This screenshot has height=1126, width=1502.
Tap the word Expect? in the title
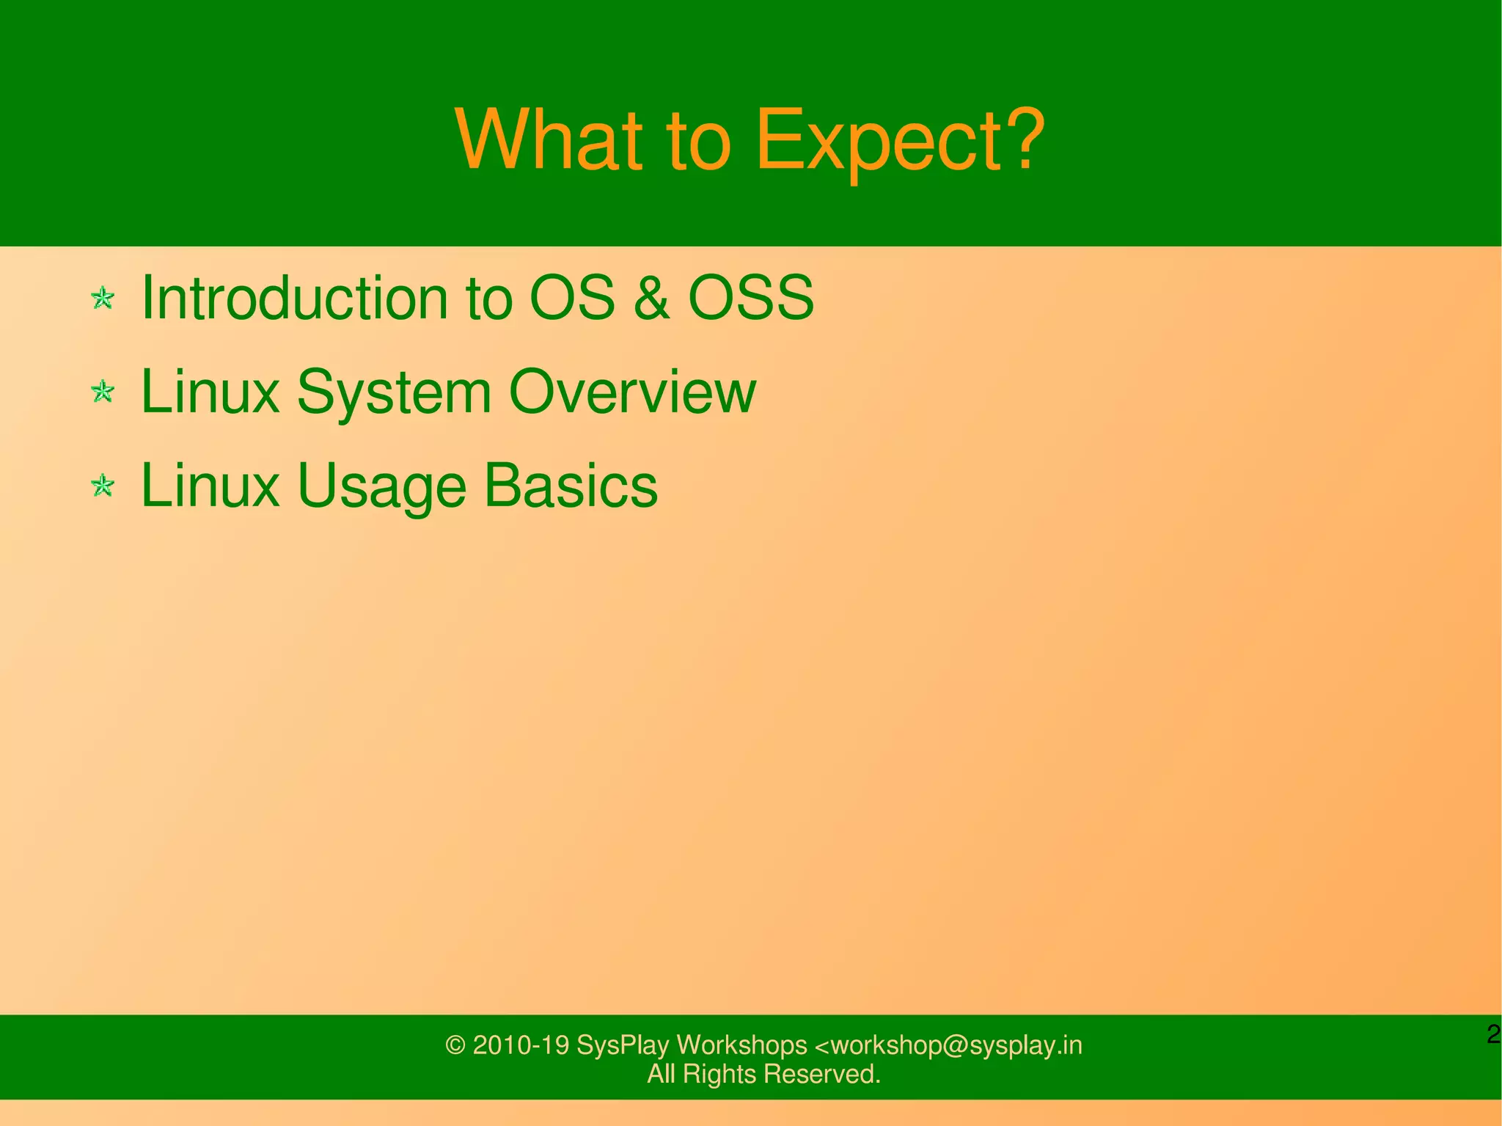[899, 141]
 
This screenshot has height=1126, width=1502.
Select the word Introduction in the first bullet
[293, 298]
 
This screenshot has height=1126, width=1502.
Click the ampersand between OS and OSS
[651, 298]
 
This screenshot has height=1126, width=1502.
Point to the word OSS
[750, 298]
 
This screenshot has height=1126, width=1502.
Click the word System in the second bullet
[394, 392]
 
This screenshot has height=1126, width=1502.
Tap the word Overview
[631, 392]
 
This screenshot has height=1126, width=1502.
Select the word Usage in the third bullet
[381, 487]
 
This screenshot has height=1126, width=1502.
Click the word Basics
[571, 486]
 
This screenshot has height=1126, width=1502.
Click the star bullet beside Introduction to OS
[103, 299]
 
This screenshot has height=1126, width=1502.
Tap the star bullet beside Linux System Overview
[103, 392]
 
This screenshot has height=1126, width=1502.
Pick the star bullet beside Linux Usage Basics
[103, 486]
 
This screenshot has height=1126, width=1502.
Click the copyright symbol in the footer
[455, 1045]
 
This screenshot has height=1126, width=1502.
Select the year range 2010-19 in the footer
[521, 1045]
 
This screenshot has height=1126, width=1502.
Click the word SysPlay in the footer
[623, 1045]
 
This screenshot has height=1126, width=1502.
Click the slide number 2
[1492, 1035]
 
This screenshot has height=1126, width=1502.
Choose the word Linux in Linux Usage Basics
[210, 486]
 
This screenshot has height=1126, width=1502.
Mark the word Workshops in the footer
[741, 1045]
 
